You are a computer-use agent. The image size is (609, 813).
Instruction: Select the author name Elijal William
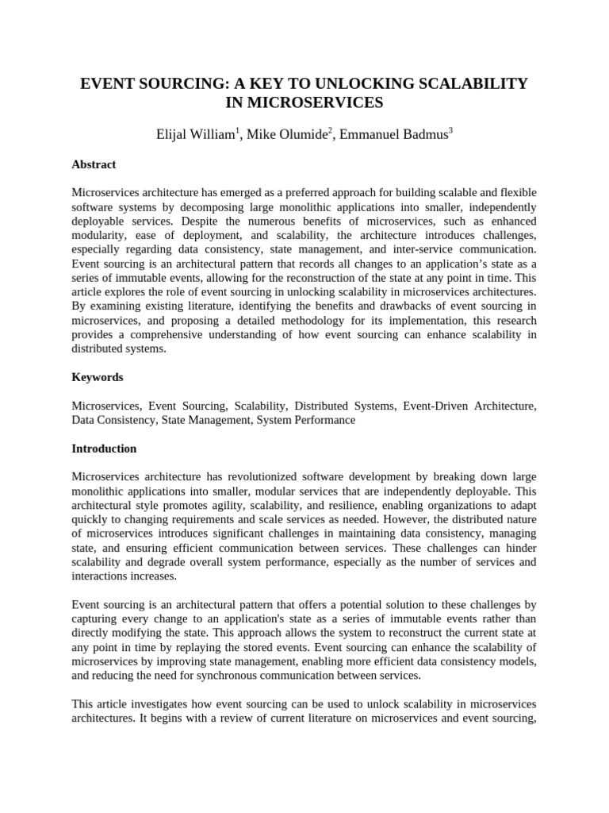click(193, 134)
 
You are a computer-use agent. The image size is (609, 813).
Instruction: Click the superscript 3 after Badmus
click(450, 130)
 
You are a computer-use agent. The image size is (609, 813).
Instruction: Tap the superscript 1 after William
click(236, 130)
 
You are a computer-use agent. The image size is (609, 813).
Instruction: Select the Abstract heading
click(94, 164)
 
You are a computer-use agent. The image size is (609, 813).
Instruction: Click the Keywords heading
click(97, 377)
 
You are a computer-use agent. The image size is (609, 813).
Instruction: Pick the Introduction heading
click(104, 449)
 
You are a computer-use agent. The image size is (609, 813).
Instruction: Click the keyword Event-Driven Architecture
click(469, 406)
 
